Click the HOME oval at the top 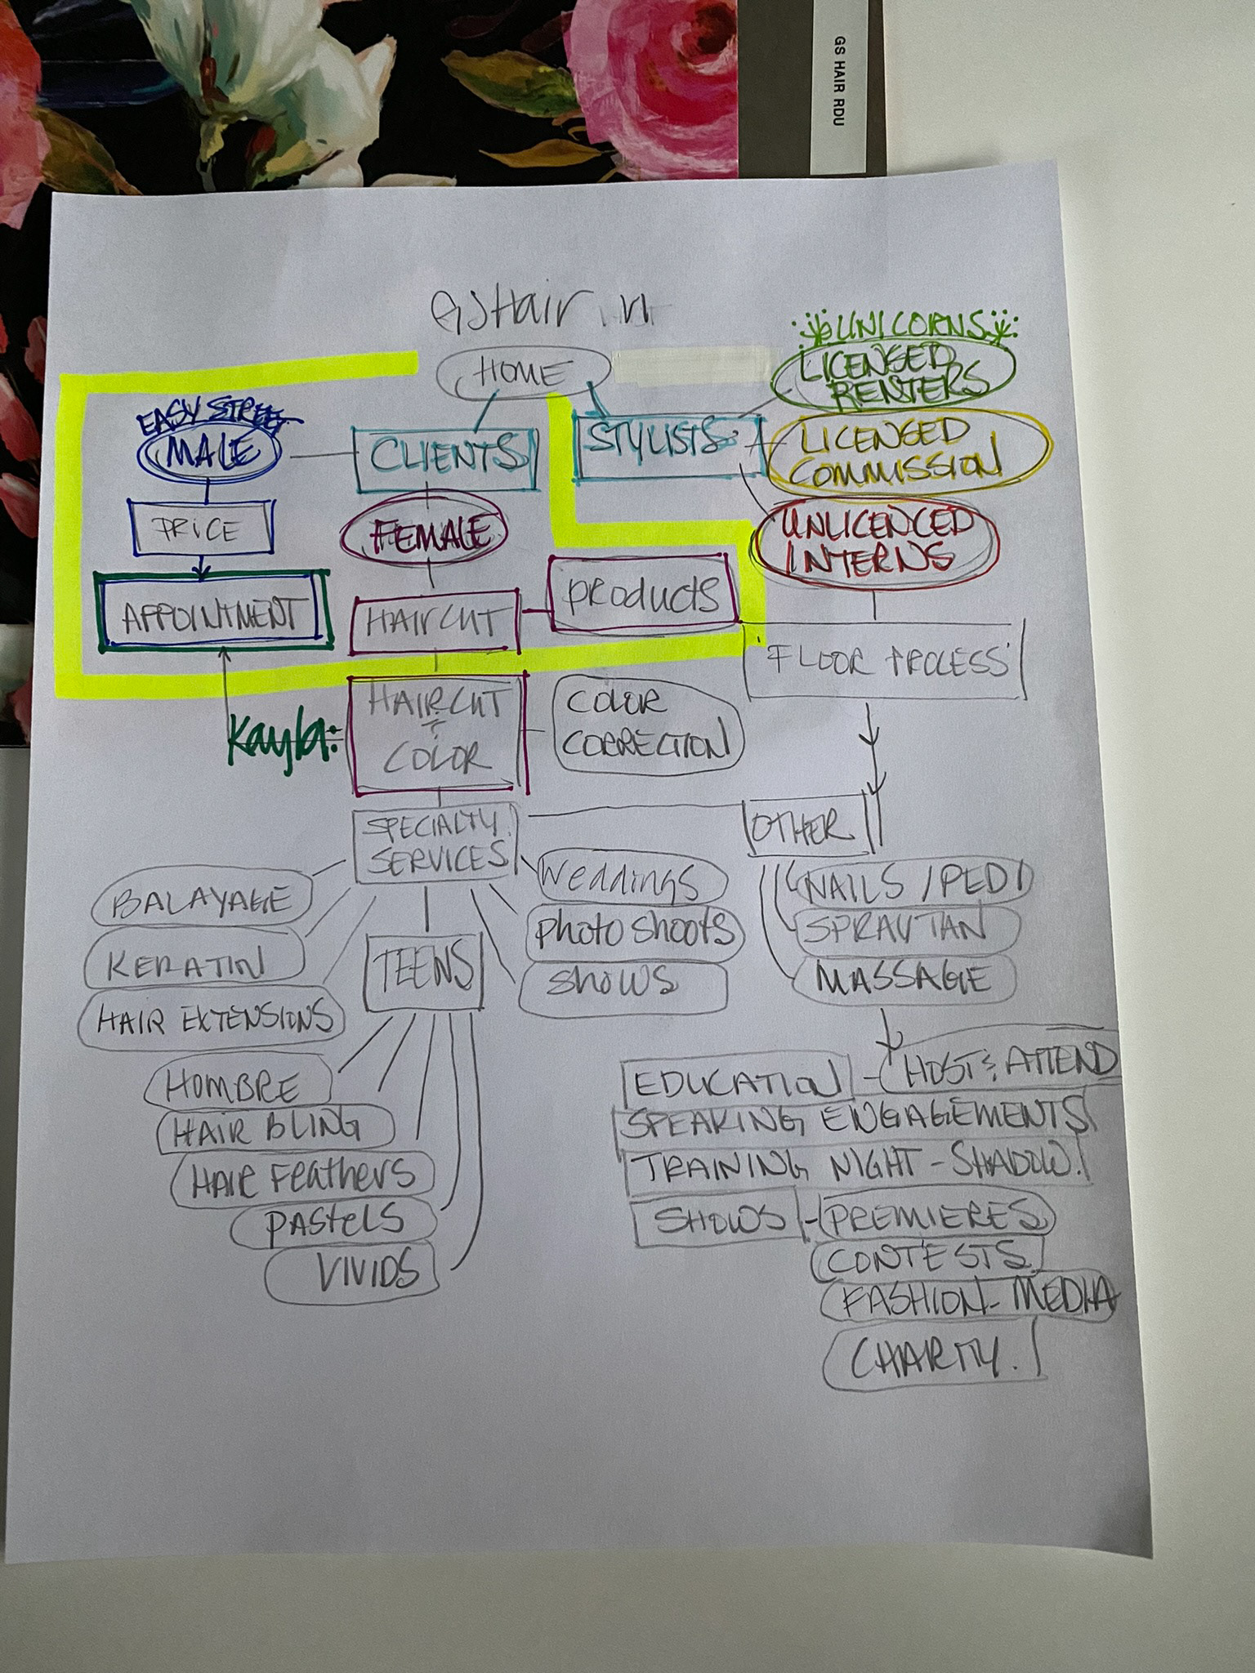(523, 375)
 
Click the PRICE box (200, 532)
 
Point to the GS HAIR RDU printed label (838, 81)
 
